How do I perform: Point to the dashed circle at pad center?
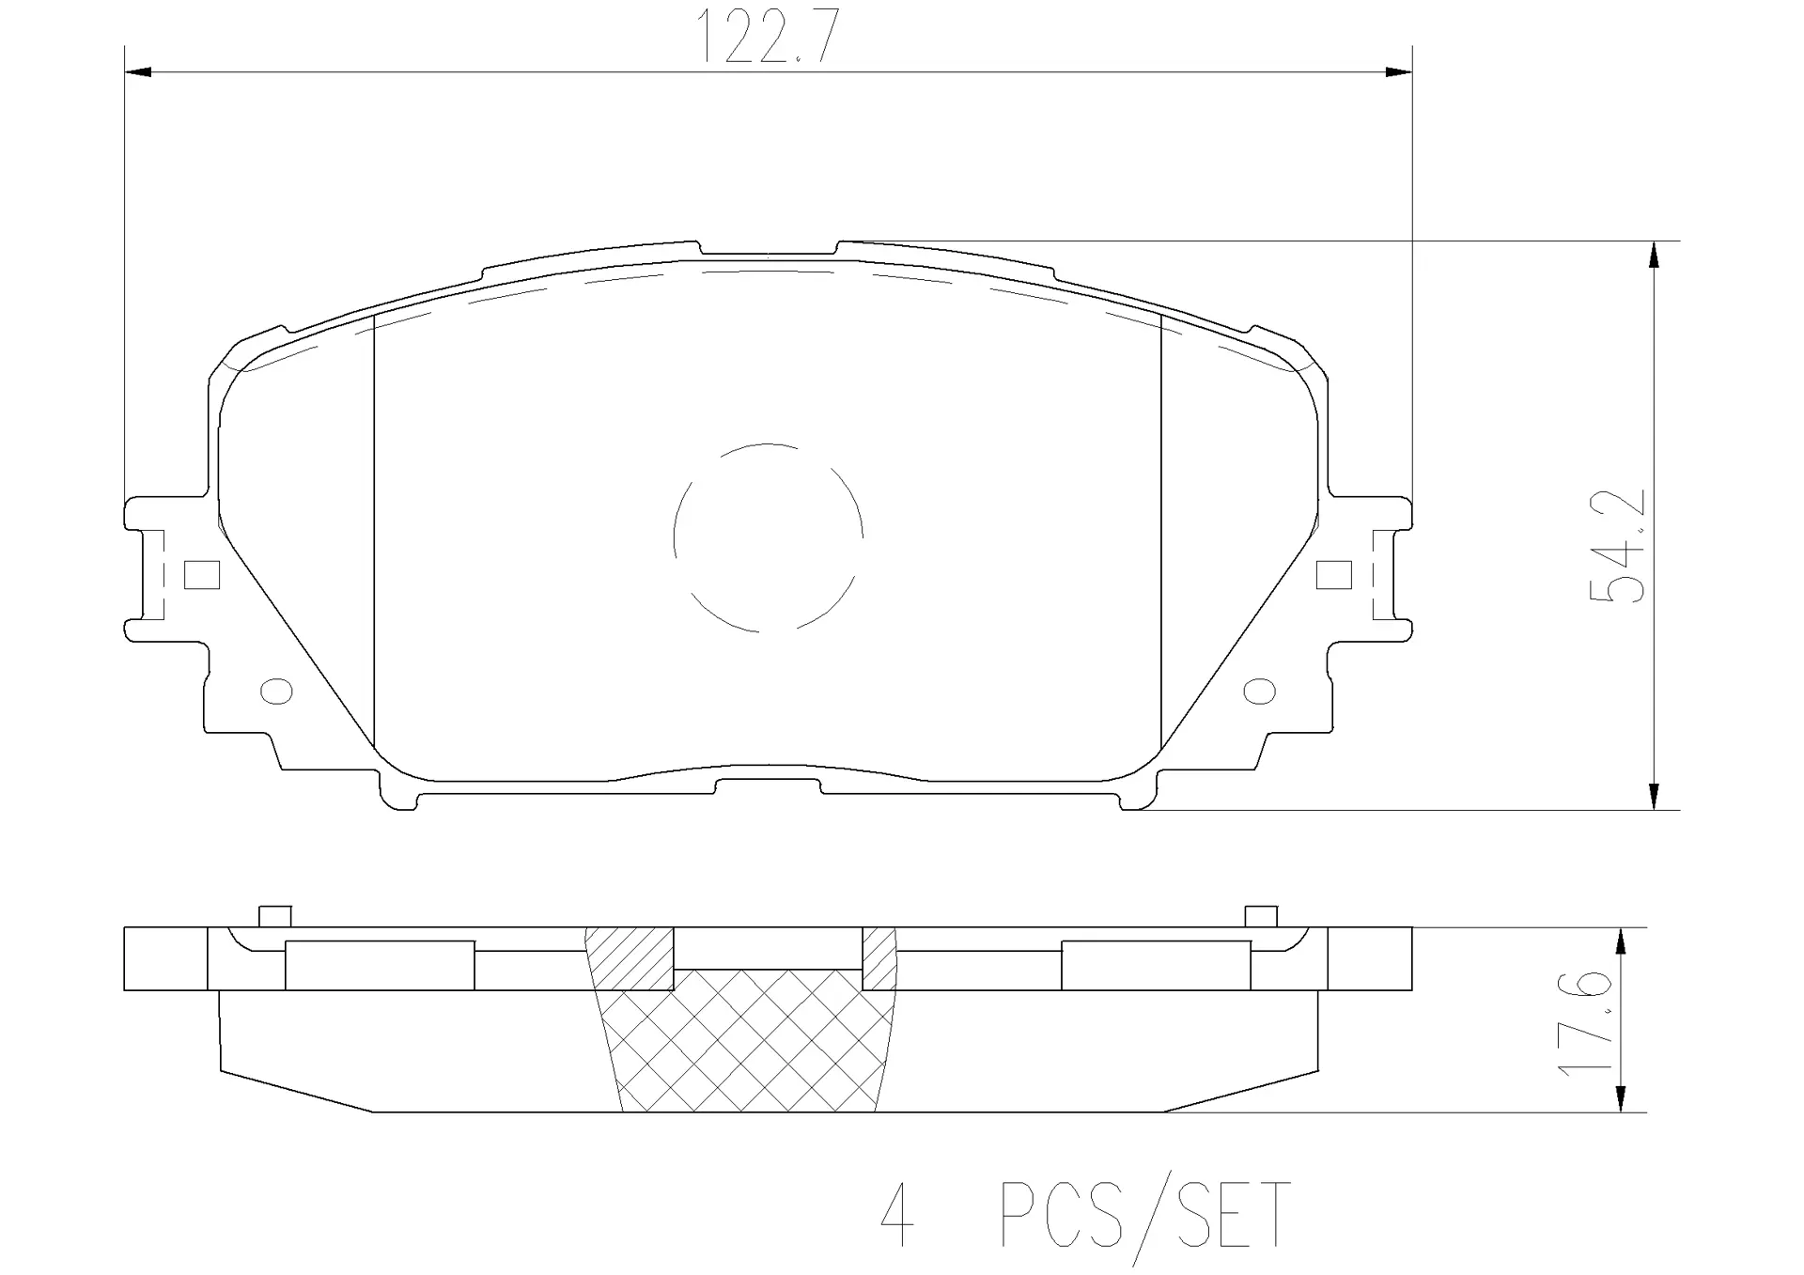pos(768,536)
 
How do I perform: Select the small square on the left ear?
pos(202,575)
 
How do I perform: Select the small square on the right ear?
pos(1333,575)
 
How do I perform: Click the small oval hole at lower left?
pos(276,692)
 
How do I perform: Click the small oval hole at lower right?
pos(1259,692)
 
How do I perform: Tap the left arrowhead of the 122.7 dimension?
pos(137,72)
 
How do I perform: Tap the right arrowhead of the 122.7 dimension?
pos(1399,72)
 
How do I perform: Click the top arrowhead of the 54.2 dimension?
pos(1654,254)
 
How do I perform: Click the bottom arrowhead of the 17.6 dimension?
pos(1621,1100)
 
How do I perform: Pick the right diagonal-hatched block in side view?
pos(879,958)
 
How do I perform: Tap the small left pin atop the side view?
pos(274,916)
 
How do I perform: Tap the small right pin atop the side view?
pos(1261,916)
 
